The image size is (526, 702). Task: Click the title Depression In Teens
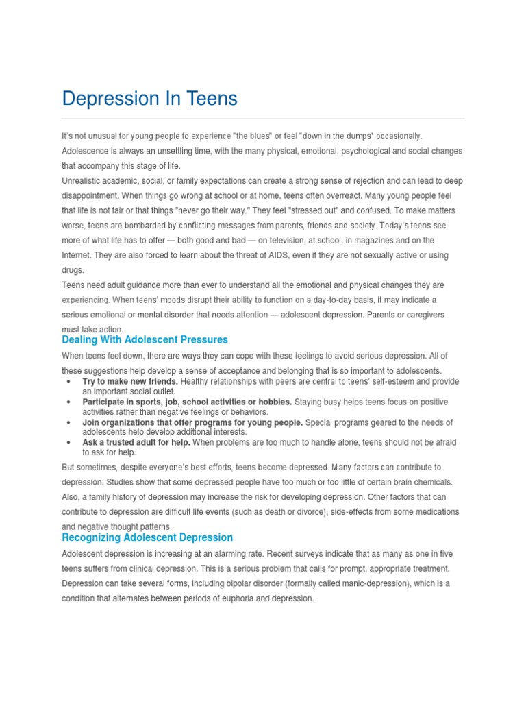pos(149,99)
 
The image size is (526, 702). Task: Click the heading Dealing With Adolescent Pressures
pos(145,339)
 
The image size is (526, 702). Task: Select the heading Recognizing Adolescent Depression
pos(147,537)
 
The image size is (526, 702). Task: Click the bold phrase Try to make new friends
pos(130,381)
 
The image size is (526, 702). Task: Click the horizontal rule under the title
pos(263,119)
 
